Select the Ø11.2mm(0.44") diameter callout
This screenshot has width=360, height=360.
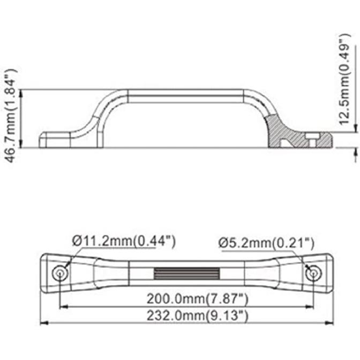pyautogui.click(x=123, y=241)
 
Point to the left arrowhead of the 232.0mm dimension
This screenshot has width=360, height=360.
pyautogui.click(x=44, y=324)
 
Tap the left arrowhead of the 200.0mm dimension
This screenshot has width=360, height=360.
pyautogui.click(x=62, y=307)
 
